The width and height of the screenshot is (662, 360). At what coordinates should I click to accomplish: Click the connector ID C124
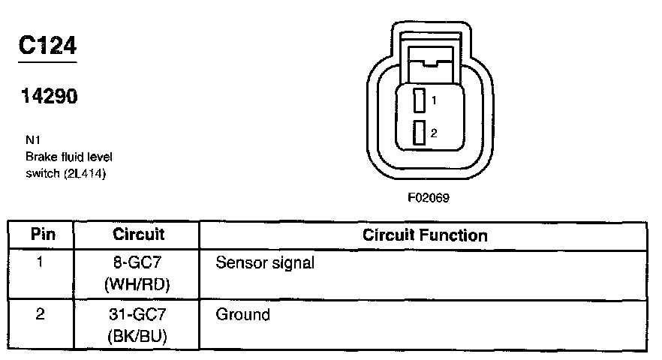pyautogui.click(x=47, y=46)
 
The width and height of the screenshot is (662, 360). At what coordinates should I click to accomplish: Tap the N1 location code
pyautogui.click(x=32, y=139)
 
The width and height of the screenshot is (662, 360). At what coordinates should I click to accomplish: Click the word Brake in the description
pyautogui.click(x=40, y=157)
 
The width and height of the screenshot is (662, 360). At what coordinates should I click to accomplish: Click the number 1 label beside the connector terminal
pyautogui.click(x=434, y=99)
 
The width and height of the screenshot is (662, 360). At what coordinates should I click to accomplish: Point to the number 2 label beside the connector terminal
pyautogui.click(x=434, y=133)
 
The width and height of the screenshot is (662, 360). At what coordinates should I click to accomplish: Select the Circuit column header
pyautogui.click(x=138, y=234)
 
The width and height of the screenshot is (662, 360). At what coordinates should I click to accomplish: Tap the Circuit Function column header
pyautogui.click(x=425, y=235)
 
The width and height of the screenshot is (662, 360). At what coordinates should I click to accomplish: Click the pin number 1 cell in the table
pyautogui.click(x=41, y=264)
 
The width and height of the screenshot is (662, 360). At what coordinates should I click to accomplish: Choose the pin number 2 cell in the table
pyautogui.click(x=41, y=315)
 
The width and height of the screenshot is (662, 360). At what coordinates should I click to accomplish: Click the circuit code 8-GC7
pyautogui.click(x=138, y=264)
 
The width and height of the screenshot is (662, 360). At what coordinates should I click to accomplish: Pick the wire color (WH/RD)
pyautogui.click(x=138, y=284)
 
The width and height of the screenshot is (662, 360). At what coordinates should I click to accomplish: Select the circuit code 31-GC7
pyautogui.click(x=138, y=315)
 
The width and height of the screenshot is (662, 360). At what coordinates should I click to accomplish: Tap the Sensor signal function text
pyautogui.click(x=264, y=264)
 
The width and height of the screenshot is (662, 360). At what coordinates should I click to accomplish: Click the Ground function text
pyautogui.click(x=242, y=315)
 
